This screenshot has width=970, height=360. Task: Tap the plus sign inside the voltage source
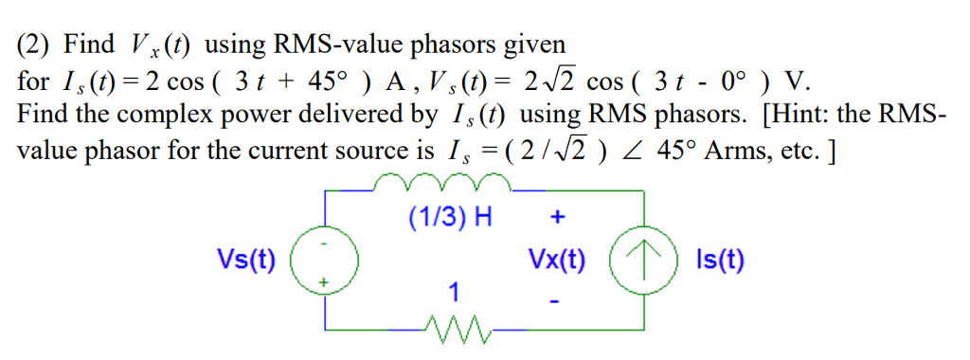(x=324, y=281)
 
